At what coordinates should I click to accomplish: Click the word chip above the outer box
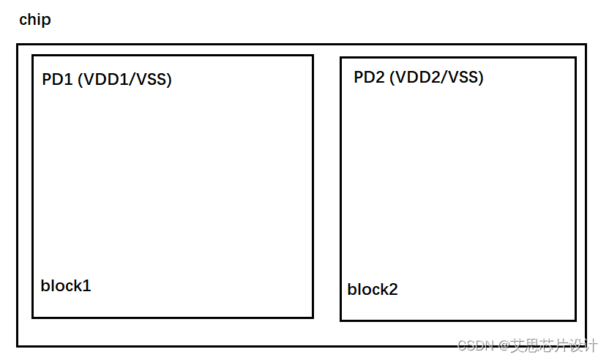coord(35,20)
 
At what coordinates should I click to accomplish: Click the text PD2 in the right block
coord(369,78)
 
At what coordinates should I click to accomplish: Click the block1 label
coord(66,285)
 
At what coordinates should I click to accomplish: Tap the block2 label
coord(373,290)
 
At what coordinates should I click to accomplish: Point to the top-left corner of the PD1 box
coord(33,56)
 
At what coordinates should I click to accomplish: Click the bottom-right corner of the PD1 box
coord(313,318)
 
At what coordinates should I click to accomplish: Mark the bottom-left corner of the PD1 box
coord(33,318)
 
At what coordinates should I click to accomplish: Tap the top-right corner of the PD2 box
coord(575,58)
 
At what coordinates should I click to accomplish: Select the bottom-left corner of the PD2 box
coord(341,320)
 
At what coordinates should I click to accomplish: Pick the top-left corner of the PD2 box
coord(341,58)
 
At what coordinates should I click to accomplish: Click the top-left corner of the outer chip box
coord(18,45)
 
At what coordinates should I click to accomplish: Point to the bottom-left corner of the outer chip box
coord(18,345)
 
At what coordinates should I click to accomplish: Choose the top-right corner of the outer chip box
coord(586,45)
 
